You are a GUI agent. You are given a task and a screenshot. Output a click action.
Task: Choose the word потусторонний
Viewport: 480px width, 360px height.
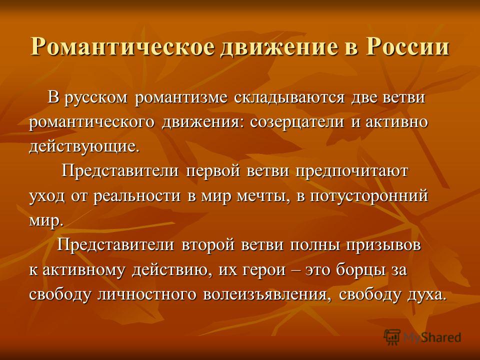pos(369,196)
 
